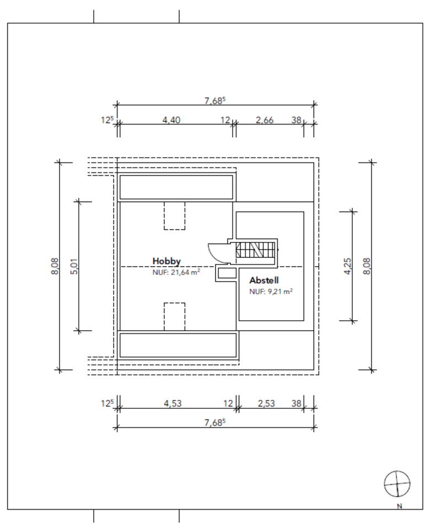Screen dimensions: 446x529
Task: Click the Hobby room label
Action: coord(166,261)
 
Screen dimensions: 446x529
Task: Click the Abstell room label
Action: coord(264,280)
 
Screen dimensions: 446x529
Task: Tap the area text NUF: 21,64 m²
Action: coord(176,272)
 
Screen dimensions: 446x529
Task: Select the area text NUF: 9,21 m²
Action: coord(271,292)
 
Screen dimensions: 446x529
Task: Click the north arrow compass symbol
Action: coord(397,484)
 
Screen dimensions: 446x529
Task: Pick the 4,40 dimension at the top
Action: coord(171,120)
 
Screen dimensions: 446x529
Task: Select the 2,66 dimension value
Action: coord(265,120)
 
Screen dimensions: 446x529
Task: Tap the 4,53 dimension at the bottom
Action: coord(173,403)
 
